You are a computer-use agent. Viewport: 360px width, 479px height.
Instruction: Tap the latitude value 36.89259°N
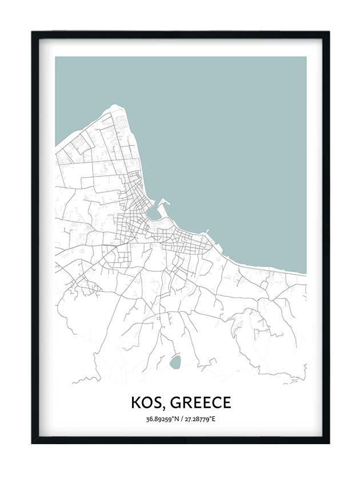coord(162,420)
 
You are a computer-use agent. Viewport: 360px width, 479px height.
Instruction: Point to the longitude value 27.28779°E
coord(199,420)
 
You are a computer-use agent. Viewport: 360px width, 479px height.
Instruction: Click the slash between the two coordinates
coord(181,420)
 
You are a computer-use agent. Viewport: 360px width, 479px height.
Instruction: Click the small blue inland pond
coord(175,361)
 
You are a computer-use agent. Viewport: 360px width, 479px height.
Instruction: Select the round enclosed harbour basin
coord(153,213)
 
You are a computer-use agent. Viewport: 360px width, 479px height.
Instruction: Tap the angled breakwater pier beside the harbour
coord(165,202)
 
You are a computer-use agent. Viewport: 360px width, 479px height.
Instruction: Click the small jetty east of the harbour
coord(207,231)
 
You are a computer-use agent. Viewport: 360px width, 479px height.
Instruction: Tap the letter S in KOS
coord(157,402)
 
